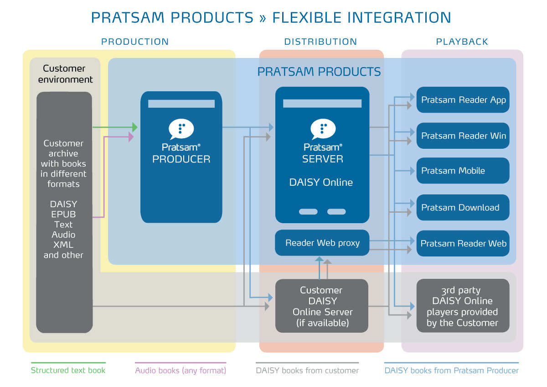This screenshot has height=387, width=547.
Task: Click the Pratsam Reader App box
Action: pos(463,100)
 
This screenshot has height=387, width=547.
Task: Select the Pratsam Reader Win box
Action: pos(463,136)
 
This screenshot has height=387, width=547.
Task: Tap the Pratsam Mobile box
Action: pos(463,171)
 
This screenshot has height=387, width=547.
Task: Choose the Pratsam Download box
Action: pos(463,208)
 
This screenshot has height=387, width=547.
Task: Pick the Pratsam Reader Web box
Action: pos(463,244)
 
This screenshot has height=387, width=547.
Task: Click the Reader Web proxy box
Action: pos(322,243)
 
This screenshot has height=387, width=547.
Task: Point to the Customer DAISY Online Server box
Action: pos(322,306)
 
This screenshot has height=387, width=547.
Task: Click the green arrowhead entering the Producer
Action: pos(134,127)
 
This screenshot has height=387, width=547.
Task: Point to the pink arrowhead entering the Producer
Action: pos(131,136)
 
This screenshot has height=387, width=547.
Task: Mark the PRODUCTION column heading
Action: pos(135,42)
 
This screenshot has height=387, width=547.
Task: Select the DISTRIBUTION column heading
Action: pos(320,42)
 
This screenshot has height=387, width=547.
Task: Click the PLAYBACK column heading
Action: pos(462,42)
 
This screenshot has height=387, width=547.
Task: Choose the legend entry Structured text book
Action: pos(68,370)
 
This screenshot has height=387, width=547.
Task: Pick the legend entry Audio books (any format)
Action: pos(181,370)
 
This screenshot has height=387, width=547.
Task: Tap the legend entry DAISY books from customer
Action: pos(307,370)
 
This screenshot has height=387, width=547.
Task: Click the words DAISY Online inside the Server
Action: pos(321,183)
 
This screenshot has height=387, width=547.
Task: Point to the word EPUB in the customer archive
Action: pos(63,214)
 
